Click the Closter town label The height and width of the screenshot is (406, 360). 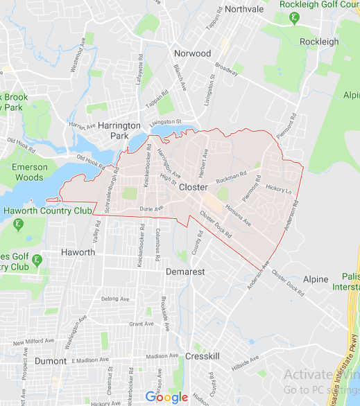(194, 188)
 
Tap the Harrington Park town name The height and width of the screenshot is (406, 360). (119, 130)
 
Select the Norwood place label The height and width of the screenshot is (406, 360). (194, 53)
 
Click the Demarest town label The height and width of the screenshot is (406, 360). (185, 272)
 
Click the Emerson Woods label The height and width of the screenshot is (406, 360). (29, 173)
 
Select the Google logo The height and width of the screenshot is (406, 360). (166, 397)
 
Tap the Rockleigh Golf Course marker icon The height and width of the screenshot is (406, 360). (295, 18)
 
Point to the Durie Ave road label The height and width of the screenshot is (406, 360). (151, 208)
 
